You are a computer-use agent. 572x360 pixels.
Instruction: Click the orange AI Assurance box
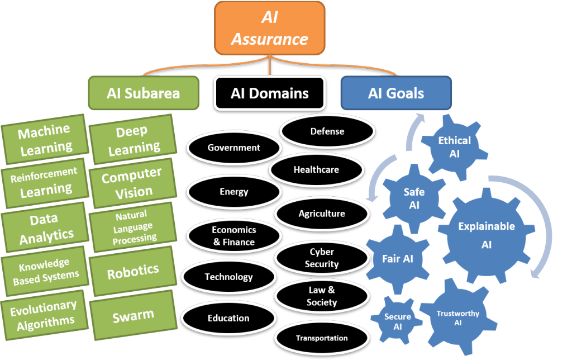(x=269, y=29)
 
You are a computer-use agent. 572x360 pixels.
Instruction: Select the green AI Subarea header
(x=143, y=92)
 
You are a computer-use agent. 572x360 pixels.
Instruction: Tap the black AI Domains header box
(x=269, y=92)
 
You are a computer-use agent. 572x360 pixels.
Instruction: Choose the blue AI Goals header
(x=395, y=92)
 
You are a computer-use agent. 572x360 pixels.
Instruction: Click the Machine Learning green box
(x=45, y=139)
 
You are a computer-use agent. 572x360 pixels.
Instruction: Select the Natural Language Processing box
(x=133, y=227)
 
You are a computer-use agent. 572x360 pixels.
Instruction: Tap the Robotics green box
(x=133, y=272)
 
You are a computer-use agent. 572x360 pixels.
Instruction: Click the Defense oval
(x=327, y=132)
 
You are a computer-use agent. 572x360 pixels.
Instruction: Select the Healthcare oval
(x=316, y=169)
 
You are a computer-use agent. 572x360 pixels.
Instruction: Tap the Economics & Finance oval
(x=233, y=236)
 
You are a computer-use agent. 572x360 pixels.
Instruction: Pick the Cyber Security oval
(x=321, y=258)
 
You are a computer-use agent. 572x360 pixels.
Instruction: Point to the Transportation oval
(x=321, y=338)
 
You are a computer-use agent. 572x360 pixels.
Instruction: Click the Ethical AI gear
(x=454, y=146)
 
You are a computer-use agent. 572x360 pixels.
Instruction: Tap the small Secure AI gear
(x=397, y=321)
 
